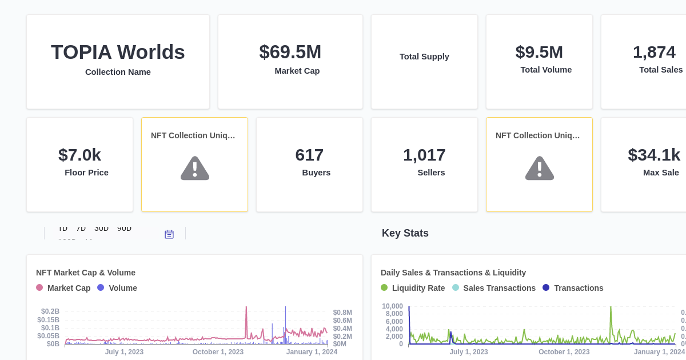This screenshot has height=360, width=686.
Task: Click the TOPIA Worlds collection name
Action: tap(118, 52)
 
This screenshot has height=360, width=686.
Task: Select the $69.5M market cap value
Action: tap(290, 52)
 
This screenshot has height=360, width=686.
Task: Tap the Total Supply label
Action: tap(424, 57)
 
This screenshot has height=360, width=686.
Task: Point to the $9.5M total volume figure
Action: tap(539, 52)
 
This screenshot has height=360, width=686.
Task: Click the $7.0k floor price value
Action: tap(79, 155)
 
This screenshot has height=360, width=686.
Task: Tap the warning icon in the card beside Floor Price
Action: tap(194, 168)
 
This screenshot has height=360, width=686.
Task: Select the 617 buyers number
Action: tap(309, 155)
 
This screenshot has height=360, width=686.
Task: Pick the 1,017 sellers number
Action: tap(424, 155)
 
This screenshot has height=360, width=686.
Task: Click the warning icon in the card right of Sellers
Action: tap(539, 168)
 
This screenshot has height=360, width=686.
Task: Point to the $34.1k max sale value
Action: tap(654, 155)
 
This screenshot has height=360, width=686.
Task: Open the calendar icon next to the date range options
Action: tap(169, 234)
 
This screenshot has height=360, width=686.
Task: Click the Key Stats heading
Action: tap(405, 233)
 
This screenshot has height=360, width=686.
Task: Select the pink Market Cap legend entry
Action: tap(63, 288)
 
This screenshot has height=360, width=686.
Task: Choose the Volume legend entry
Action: tap(117, 288)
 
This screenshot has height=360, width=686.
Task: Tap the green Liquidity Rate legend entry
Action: tap(413, 288)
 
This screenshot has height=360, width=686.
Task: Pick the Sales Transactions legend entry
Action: tap(494, 288)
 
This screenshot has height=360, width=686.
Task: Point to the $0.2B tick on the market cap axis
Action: tap(50, 311)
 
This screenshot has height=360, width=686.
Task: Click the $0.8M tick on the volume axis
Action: tap(342, 313)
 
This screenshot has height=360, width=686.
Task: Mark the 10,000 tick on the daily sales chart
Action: tap(392, 306)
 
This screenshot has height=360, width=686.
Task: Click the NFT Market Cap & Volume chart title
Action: tap(86, 273)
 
